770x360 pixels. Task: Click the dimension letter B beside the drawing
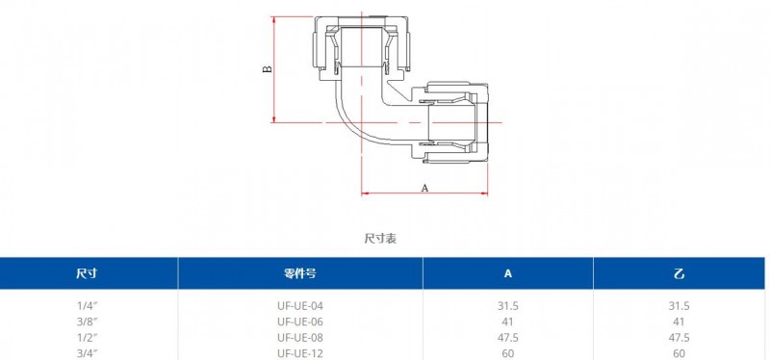pos(268,68)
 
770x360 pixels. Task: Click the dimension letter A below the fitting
pos(425,188)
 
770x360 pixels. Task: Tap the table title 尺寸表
pos(380,239)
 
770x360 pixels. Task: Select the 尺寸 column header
pos(87,273)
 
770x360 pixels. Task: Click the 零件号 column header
pos(299,273)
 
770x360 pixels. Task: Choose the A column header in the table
pos(508,273)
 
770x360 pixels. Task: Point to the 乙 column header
pos(680,273)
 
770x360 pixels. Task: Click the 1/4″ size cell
pos(88,306)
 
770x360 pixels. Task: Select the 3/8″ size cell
pos(88,321)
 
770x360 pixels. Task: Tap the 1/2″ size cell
pos(88,338)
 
